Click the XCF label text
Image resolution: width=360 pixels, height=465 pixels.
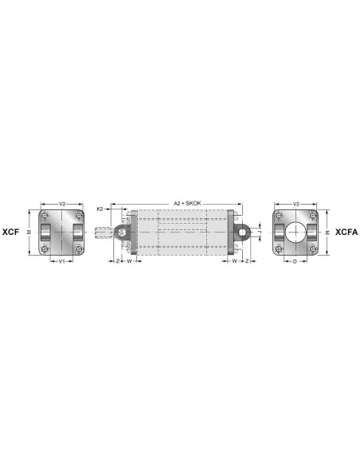(x=10, y=232)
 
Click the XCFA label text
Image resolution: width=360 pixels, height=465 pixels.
(x=346, y=232)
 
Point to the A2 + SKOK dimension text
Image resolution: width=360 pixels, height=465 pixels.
(x=187, y=204)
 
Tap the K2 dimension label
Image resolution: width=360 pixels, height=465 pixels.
(x=100, y=209)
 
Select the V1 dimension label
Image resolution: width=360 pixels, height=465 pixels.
(x=61, y=261)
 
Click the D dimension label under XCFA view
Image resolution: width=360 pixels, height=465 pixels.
(x=295, y=261)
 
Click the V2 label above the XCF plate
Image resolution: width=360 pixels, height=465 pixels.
(x=62, y=204)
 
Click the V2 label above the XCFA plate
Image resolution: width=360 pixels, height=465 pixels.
(x=296, y=204)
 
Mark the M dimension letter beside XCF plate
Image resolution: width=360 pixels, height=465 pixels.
(x=29, y=232)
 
